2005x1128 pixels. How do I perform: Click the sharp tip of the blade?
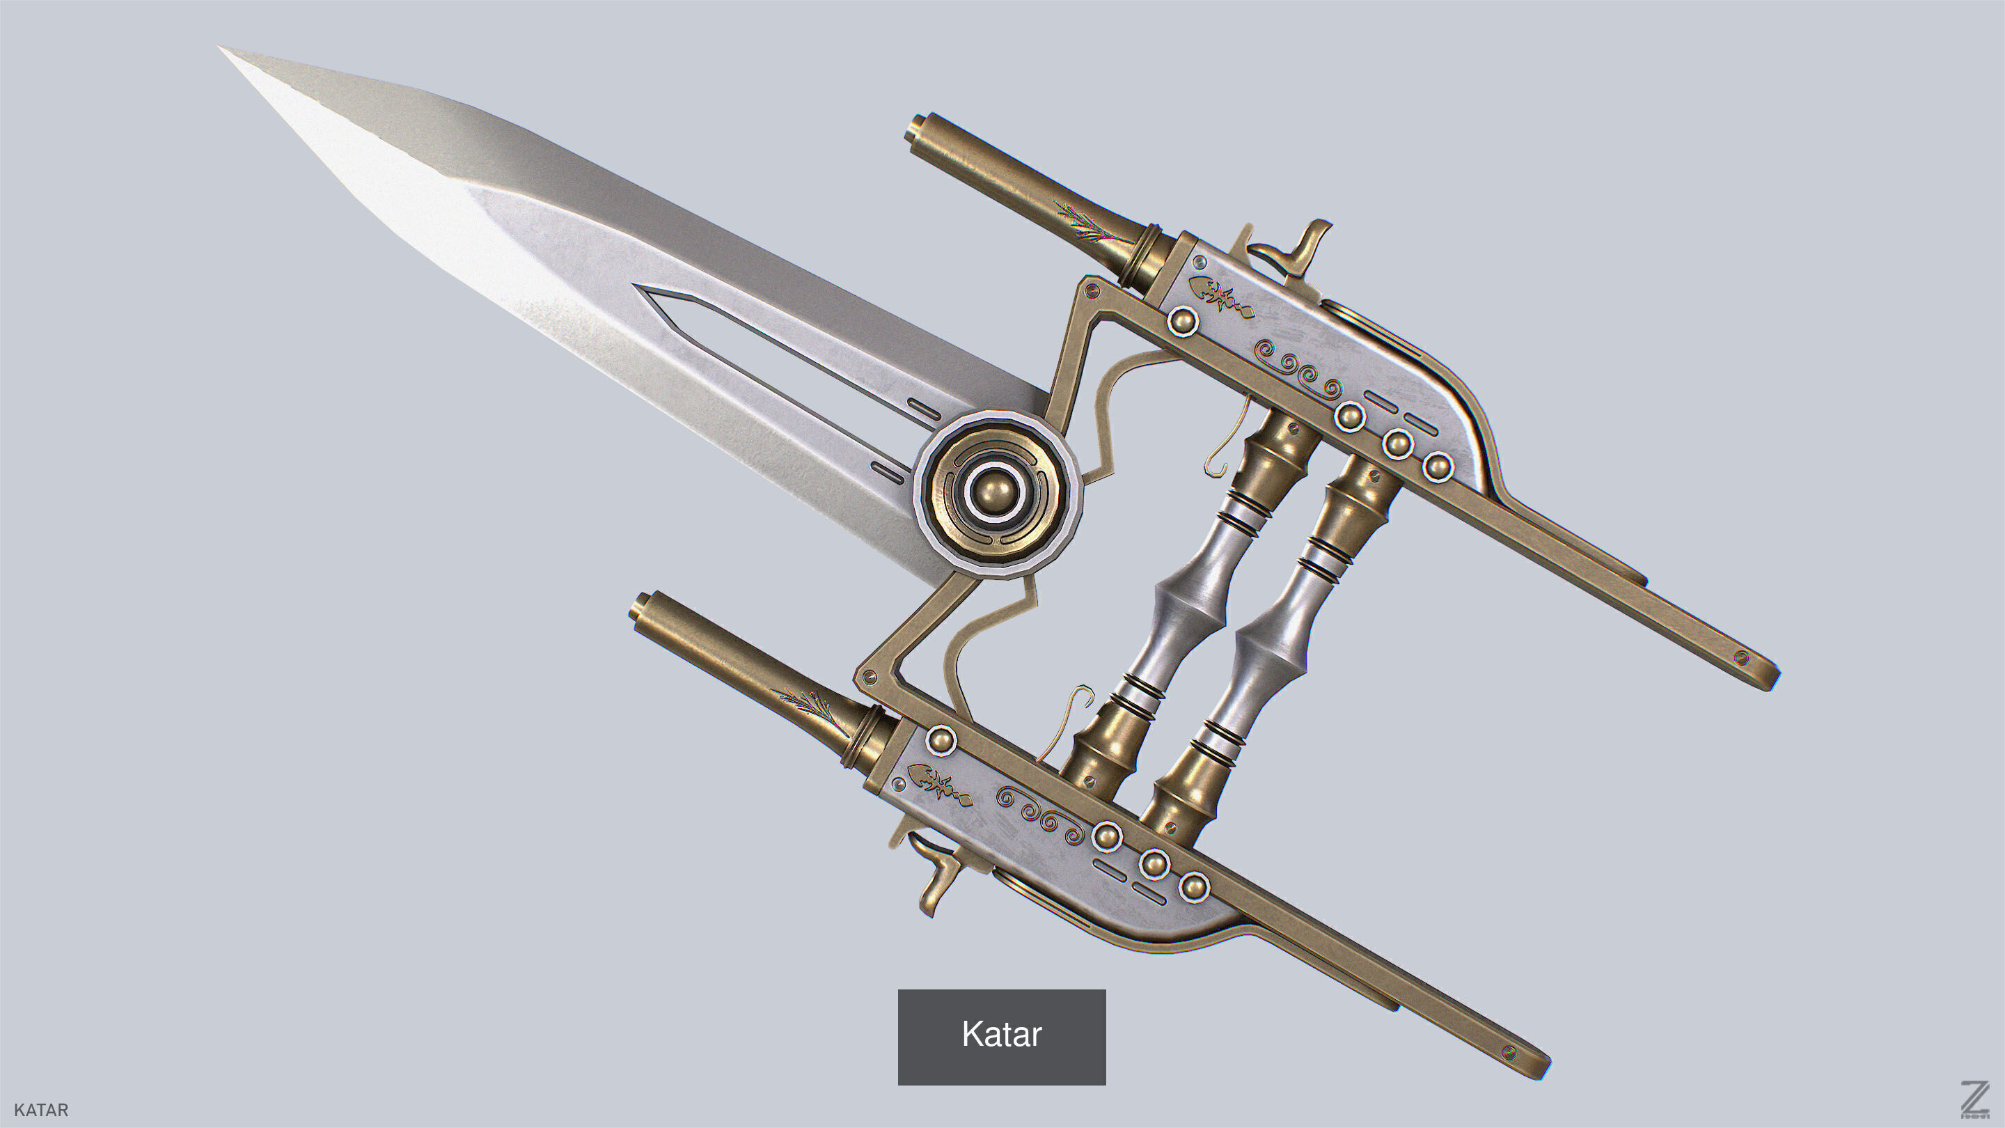click(222, 49)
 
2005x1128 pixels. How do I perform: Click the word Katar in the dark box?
click(1001, 1035)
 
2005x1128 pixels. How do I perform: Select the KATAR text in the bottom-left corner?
click(41, 1110)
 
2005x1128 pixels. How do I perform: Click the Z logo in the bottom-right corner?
click(1974, 1099)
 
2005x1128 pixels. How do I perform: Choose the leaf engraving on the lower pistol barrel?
click(802, 700)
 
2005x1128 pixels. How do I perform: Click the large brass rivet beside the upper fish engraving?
click(1183, 321)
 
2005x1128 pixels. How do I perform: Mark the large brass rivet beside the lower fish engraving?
click(941, 739)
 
